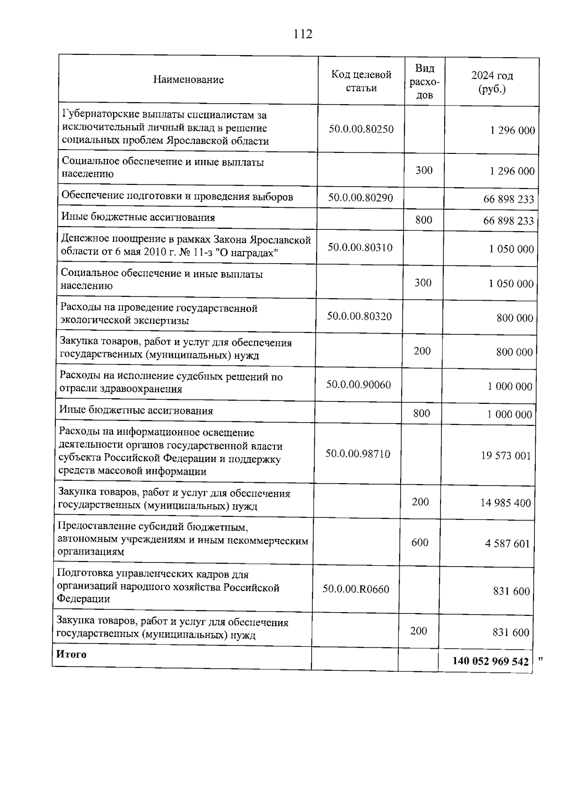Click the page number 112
tap(303, 34)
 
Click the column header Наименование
tap(188, 80)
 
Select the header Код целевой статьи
tap(361, 81)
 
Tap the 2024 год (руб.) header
tap(492, 82)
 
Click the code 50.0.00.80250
tap(361, 129)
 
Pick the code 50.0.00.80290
tap(360, 197)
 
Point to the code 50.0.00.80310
tap(360, 247)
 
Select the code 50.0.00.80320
tap(359, 316)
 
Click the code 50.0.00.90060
tap(358, 385)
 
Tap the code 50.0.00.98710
tap(358, 454)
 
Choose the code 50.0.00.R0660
tap(356, 589)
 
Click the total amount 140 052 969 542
tap(490, 661)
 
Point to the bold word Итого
tap(71, 654)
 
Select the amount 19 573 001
tap(506, 455)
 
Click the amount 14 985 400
tap(505, 503)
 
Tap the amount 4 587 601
tap(507, 544)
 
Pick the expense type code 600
tap(420, 543)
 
